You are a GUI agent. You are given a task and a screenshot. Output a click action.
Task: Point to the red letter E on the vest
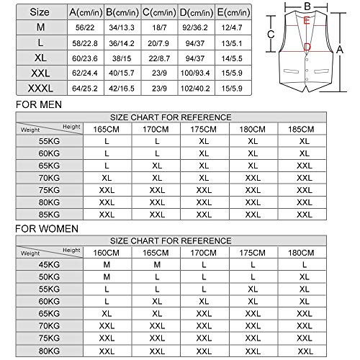[307, 22]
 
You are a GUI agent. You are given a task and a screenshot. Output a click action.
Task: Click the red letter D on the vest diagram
[307, 48]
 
